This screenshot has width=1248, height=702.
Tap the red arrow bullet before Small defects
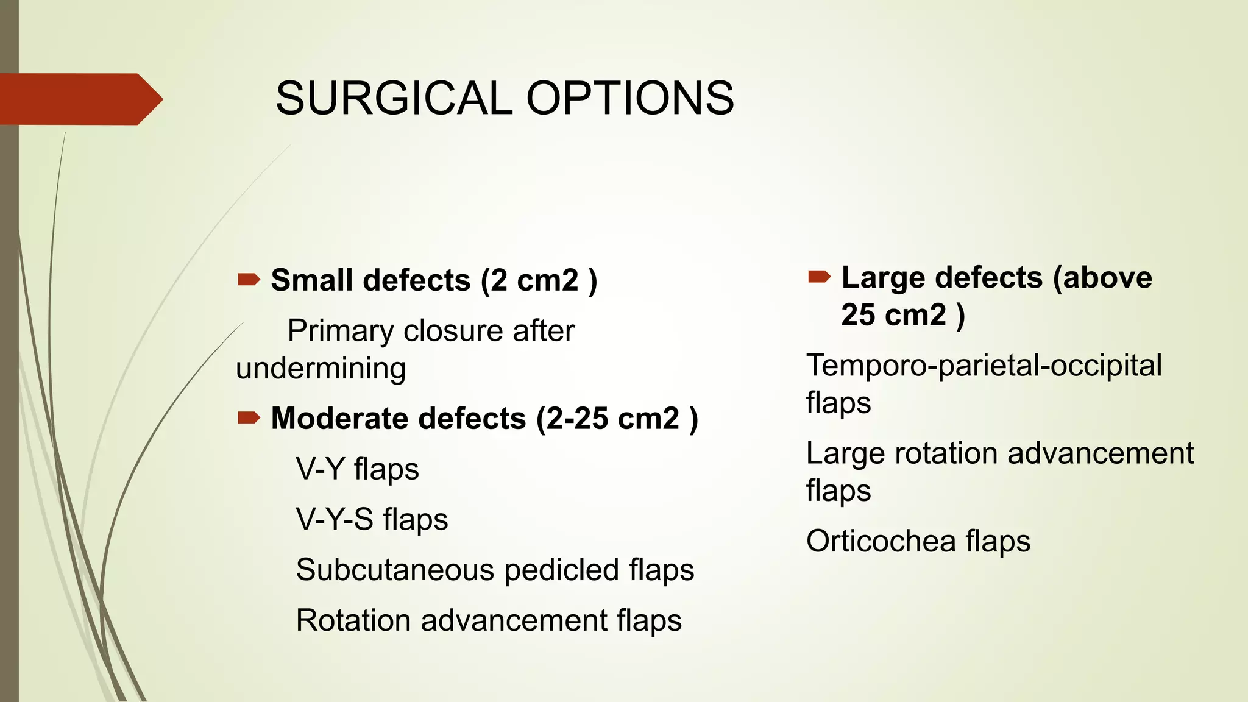click(248, 280)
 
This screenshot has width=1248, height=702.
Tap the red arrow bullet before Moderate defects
click(248, 418)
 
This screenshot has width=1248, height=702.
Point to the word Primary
click(341, 331)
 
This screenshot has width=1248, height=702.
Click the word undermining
click(321, 369)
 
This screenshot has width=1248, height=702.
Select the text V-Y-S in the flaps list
click(335, 520)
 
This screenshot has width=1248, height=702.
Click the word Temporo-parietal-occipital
click(984, 366)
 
